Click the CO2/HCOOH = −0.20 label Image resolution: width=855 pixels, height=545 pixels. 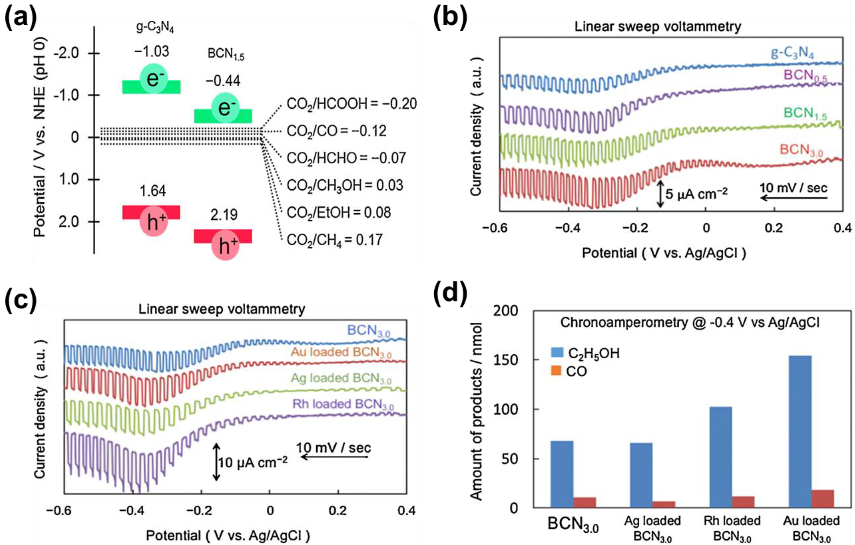[x=351, y=104]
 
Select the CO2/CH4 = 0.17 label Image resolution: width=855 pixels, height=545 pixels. [x=334, y=240]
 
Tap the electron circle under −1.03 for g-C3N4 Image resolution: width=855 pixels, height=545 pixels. [x=153, y=78]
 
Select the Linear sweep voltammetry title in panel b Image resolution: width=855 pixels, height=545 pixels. [x=658, y=27]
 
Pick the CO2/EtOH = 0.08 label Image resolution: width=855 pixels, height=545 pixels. [x=339, y=213]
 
